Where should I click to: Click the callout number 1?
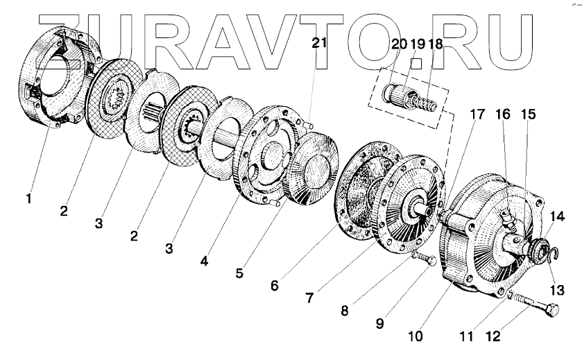[x=28, y=199]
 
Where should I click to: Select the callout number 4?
[x=204, y=262]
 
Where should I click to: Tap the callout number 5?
[x=239, y=273]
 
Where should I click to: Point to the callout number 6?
[x=275, y=284]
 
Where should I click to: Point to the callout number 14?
[x=559, y=216]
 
